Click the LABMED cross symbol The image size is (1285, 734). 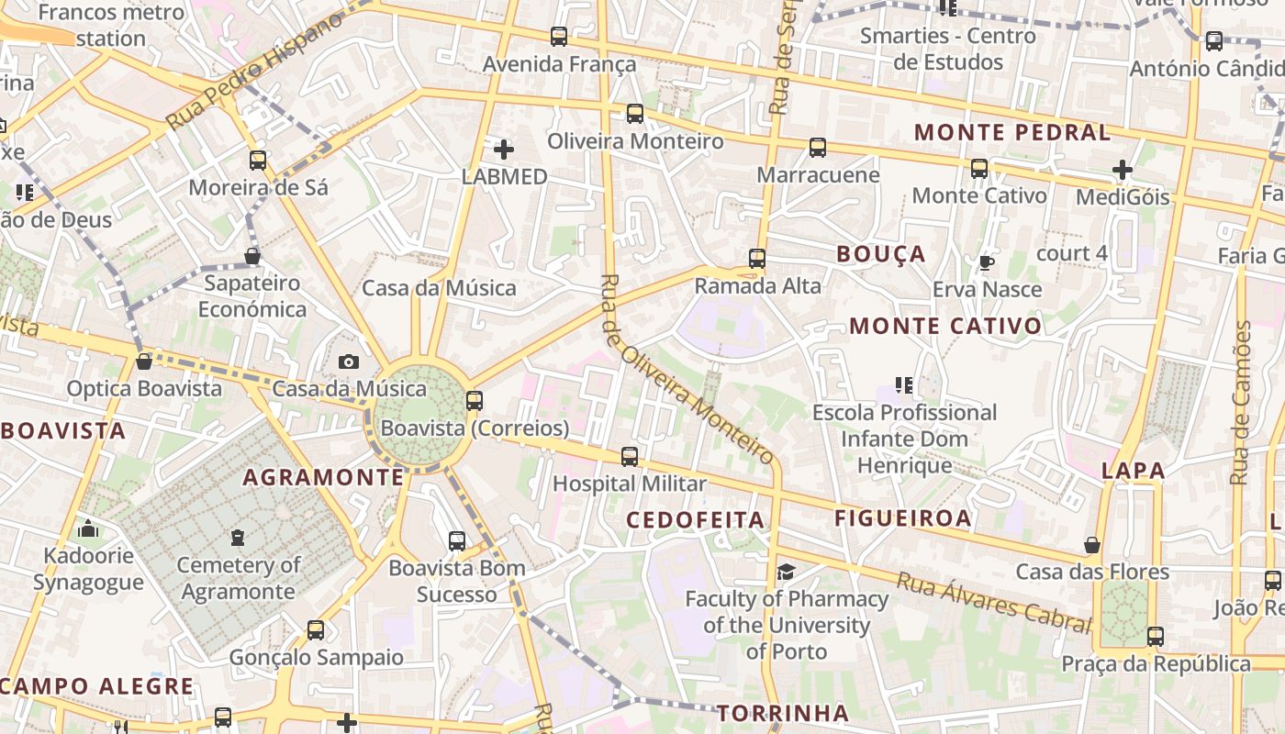pos(504,149)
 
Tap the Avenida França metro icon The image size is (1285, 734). pos(558,37)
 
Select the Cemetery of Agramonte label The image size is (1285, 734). pos(238,578)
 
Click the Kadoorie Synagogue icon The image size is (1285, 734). pos(88,529)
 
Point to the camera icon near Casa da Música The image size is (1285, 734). pos(348,362)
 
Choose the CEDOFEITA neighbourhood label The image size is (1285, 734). pos(695,520)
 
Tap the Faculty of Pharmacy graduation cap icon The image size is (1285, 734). pos(787,573)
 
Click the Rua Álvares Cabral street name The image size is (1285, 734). pos(994,602)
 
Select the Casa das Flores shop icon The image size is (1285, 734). pos(1092,546)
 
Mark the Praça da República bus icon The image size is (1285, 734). pos(1155,636)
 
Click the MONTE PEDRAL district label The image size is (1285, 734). pos(1012,132)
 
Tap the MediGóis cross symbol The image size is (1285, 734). pos(1122,170)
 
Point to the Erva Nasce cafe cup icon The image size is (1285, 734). pos(987,263)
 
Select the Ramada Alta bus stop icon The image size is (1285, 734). pos(757,259)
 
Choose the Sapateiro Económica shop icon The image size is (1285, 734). pos(252,256)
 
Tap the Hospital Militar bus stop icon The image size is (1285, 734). pos(630,456)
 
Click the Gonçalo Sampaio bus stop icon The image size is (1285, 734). pos(316,630)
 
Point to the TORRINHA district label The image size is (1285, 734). pos(782,713)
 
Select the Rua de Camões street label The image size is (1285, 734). pos(1240,403)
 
